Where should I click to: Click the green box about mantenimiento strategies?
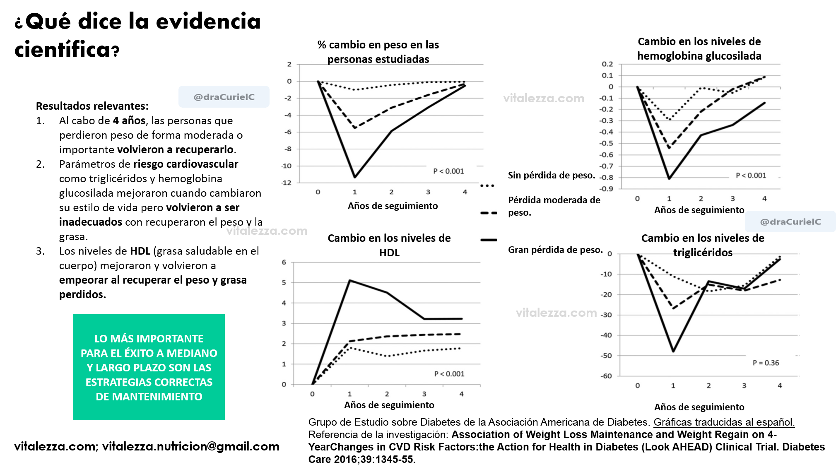149,367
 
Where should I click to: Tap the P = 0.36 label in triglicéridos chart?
766,363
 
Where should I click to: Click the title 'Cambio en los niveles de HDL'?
389,245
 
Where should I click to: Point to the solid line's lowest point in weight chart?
355,177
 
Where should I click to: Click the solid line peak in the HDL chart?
350,281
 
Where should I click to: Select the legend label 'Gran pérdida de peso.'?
555,250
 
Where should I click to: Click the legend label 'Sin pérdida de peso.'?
551,175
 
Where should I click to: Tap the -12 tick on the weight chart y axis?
287,183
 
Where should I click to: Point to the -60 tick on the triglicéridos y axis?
606,376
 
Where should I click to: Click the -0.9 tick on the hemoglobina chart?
607,189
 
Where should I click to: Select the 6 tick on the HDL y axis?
284,262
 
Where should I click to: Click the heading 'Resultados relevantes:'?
92,106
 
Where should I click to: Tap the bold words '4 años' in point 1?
129,120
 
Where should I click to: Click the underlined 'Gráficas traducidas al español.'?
724,422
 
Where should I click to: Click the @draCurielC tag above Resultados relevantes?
224,97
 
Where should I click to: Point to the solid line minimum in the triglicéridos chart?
673,352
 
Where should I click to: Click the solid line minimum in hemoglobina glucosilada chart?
669,178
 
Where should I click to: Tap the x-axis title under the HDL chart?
389,405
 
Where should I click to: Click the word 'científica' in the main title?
62,50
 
